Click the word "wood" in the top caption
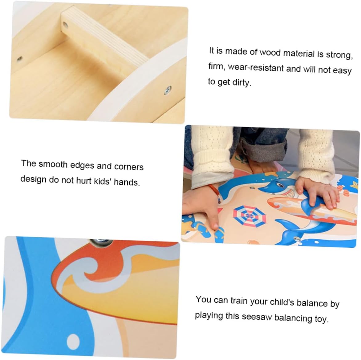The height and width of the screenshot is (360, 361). [x=270, y=53]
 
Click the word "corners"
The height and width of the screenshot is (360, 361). [x=129, y=167]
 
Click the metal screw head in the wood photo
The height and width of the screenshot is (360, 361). [x=168, y=90]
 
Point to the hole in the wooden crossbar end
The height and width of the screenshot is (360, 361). [x=66, y=24]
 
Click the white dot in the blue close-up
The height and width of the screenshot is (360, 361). [x=73, y=340]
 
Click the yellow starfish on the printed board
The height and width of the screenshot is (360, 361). [x=354, y=185]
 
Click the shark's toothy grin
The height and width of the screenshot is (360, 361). [x=290, y=192]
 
